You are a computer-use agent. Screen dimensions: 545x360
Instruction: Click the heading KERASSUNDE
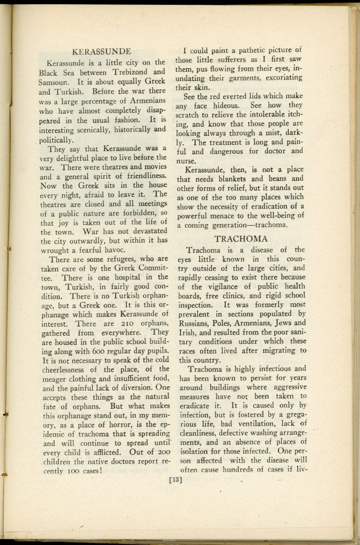(101, 52)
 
